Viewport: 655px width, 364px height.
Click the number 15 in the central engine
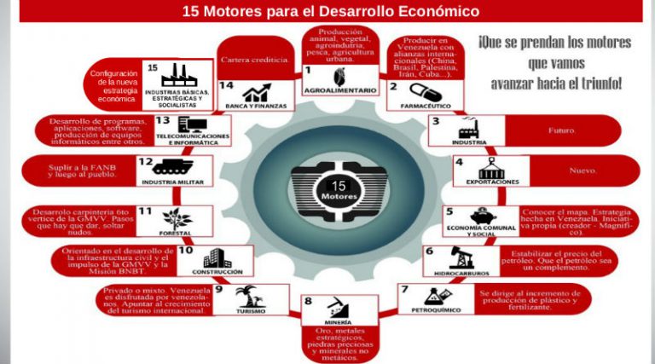pos(339,185)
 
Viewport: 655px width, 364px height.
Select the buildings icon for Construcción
pos(217,258)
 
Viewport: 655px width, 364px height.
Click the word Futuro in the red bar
pos(561,131)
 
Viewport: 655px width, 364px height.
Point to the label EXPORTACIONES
pos(492,182)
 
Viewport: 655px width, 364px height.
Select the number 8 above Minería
pos(308,301)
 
